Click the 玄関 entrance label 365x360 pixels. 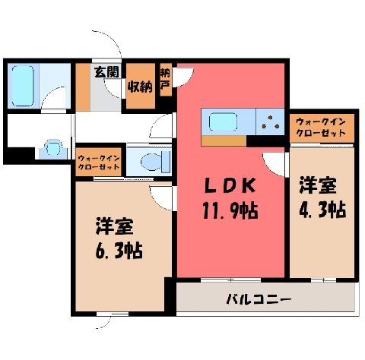coord(106,72)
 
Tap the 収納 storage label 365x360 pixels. coord(140,87)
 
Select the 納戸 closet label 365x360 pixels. coord(166,79)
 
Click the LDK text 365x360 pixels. coord(230,186)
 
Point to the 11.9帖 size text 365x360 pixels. coord(230,210)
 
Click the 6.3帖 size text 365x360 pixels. coord(119,251)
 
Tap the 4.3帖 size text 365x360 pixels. coord(322,210)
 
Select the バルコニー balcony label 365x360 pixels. coord(259,300)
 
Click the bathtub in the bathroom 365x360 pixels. coord(23,86)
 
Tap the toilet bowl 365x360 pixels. coord(151,162)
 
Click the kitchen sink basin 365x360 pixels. coord(223,122)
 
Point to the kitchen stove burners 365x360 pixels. coord(271,122)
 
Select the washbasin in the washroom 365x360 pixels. coord(53,147)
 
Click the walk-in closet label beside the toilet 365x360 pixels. coord(99,163)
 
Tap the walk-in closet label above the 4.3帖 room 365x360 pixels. coord(321,128)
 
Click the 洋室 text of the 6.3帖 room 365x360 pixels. coord(115,226)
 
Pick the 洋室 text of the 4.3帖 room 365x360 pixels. coord(318,186)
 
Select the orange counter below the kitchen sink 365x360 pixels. coord(224,141)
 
